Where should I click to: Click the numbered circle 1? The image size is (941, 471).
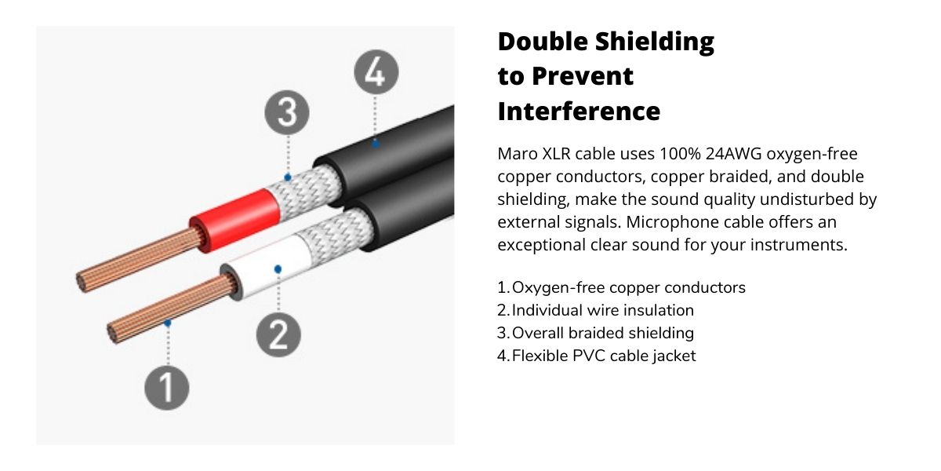[167, 387]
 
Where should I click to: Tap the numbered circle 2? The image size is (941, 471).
[278, 334]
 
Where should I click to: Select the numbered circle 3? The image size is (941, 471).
[287, 112]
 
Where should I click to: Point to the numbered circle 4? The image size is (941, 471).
[376, 72]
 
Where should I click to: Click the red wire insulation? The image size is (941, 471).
[235, 220]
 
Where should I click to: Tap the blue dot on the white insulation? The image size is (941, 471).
[278, 268]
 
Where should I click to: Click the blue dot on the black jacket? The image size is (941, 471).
[376, 144]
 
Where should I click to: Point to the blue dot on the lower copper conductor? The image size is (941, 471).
[168, 323]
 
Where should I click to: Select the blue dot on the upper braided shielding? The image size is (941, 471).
[288, 177]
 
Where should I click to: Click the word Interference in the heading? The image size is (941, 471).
[579, 111]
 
